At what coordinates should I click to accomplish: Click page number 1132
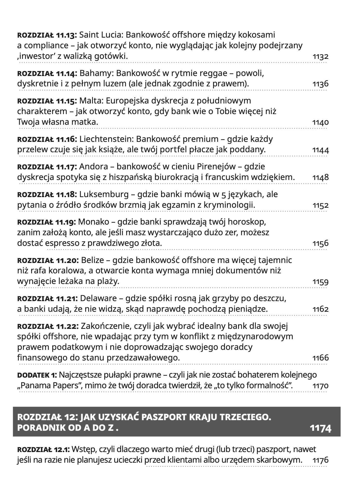pos(321,57)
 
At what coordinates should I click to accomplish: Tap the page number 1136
pos(321,84)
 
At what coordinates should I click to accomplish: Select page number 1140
pos(321,122)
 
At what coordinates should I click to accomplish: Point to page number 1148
pos(321,178)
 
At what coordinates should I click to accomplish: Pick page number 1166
pos(321,358)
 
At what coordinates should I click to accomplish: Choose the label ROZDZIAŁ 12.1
pos(43,449)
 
